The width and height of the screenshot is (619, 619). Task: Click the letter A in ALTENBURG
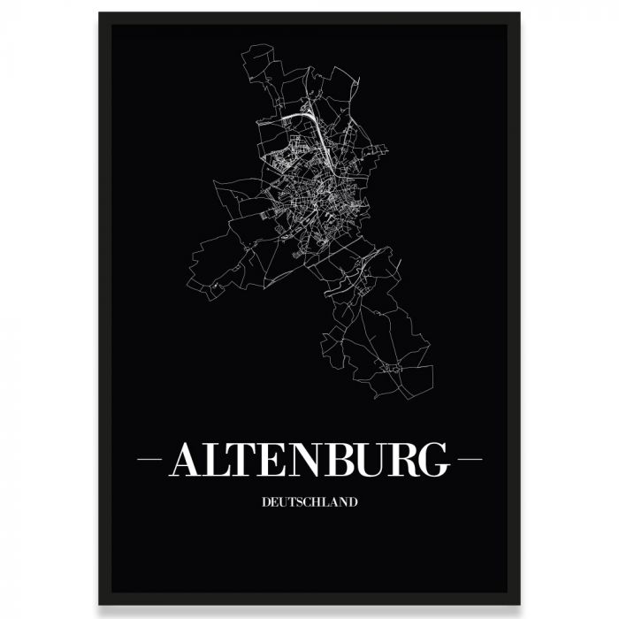188,460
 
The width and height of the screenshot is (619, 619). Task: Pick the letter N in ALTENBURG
310,460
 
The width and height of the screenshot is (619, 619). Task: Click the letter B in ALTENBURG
344,460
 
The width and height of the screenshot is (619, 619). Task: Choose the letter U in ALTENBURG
375,460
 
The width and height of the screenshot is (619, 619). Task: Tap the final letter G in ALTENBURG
436,460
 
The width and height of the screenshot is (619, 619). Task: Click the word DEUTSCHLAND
309,502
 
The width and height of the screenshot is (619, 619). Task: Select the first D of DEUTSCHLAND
267,502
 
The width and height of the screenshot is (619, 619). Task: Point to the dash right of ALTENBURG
468,461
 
